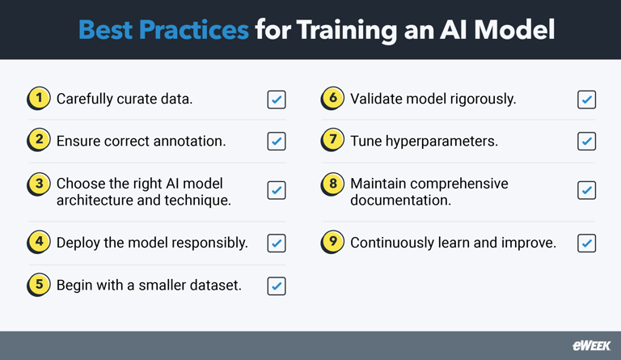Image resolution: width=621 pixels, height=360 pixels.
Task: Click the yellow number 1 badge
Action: (37, 99)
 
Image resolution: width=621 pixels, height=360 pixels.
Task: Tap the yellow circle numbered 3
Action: (37, 184)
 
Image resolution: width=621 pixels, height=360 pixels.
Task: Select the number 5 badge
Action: (37, 286)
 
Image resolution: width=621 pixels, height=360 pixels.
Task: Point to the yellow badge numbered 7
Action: (332, 141)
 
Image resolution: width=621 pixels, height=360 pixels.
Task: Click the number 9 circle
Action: (332, 243)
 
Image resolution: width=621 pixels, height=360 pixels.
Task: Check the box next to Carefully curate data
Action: (277, 100)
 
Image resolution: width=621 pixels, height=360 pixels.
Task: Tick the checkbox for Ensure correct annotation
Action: (277, 142)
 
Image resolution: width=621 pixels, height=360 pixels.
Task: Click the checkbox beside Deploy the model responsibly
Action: (277, 243)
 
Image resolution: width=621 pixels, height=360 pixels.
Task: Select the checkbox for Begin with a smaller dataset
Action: (277, 286)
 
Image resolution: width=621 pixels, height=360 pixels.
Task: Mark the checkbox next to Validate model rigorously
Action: (587, 100)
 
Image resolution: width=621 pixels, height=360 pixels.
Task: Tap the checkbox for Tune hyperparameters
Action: (587, 142)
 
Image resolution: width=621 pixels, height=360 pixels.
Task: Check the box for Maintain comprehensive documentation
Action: (587, 191)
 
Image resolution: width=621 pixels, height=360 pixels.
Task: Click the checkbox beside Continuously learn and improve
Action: (587, 243)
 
